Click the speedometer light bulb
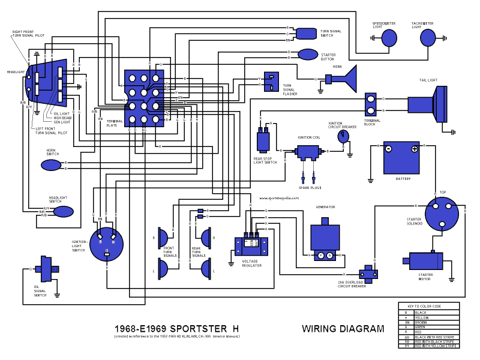[x=389, y=38]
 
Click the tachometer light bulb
[x=427, y=38]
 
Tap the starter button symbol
[x=308, y=55]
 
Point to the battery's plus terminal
[x=414, y=148]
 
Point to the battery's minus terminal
[x=388, y=148]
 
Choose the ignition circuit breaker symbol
[x=343, y=137]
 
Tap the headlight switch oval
[x=63, y=211]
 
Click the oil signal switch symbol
[x=46, y=269]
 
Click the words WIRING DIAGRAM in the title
[x=343, y=329]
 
